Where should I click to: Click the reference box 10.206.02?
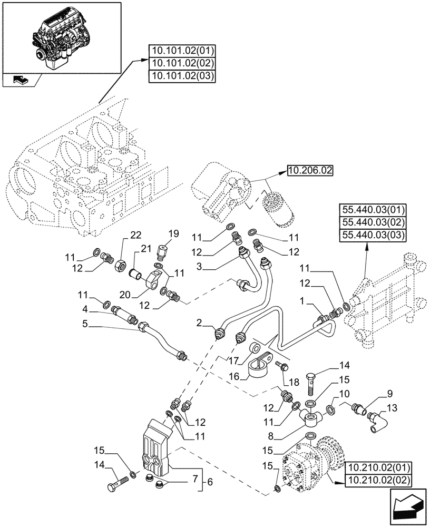click(x=310, y=170)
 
